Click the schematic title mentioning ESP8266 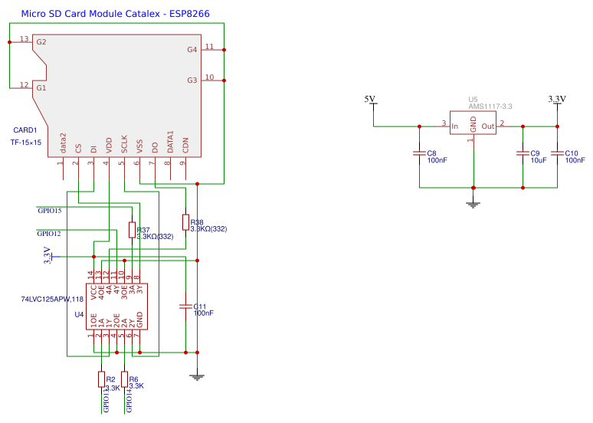pyautogui.click(x=115, y=13)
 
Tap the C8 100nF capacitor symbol pyautogui.click(x=419, y=153)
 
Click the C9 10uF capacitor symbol pyautogui.click(x=522, y=153)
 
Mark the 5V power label pyautogui.click(x=370, y=99)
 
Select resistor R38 pyautogui.click(x=185, y=222)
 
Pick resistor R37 pyautogui.click(x=132, y=230)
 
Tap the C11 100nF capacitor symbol pyautogui.click(x=184, y=306)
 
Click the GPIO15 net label pyautogui.click(x=50, y=210)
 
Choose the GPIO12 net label pyautogui.click(x=50, y=233)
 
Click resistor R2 pyautogui.click(x=101, y=379)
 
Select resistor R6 pyautogui.click(x=124, y=379)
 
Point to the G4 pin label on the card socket pyautogui.click(x=192, y=49)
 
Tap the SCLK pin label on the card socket pyautogui.click(x=124, y=146)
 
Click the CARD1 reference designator pyautogui.click(x=25, y=131)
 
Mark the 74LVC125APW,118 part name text pyautogui.click(x=52, y=299)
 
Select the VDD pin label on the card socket pyautogui.click(x=109, y=146)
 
